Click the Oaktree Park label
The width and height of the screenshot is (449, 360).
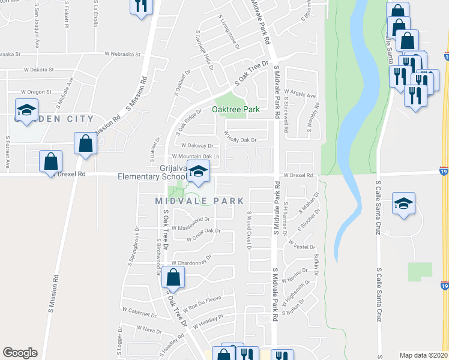[x=235, y=110]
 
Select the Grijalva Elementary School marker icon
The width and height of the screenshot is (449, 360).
[x=197, y=172]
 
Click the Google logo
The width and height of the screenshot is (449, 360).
[x=20, y=353]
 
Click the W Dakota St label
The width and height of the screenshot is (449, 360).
[x=39, y=70]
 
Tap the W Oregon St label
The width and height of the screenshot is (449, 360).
[x=36, y=92]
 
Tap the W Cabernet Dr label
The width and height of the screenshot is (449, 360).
[x=139, y=311]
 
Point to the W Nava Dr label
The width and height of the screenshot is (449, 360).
[x=149, y=329]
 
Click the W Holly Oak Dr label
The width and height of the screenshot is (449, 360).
[x=240, y=137]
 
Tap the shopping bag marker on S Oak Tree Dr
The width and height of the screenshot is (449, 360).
[x=173, y=278]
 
